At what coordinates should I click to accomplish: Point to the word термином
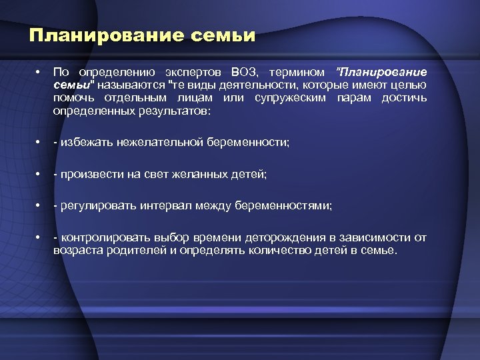[x=300, y=72]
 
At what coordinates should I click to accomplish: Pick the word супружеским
[x=285, y=98]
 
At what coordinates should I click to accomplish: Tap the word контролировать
[x=102, y=238]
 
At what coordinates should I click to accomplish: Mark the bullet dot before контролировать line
[x=41, y=238]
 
